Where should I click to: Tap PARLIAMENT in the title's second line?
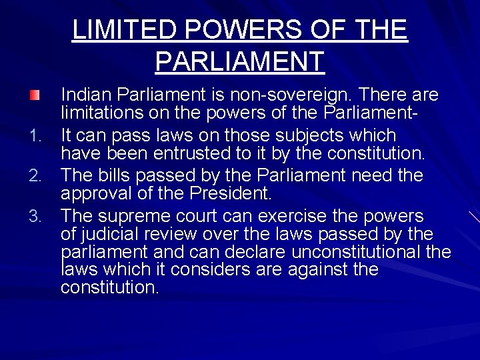[239, 61]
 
